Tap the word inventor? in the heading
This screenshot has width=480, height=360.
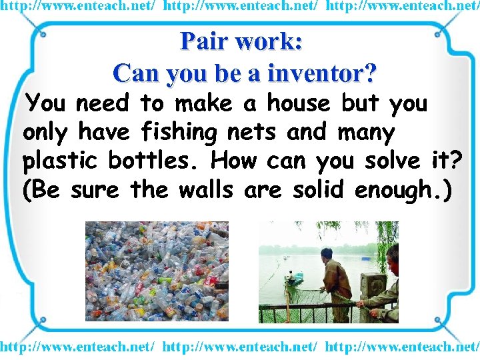pyautogui.click(x=323, y=72)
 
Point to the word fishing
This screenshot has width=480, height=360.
pyautogui.click(x=179, y=133)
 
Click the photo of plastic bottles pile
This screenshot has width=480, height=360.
pyautogui.click(x=157, y=271)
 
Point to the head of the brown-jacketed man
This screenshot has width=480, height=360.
pyautogui.click(x=327, y=253)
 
